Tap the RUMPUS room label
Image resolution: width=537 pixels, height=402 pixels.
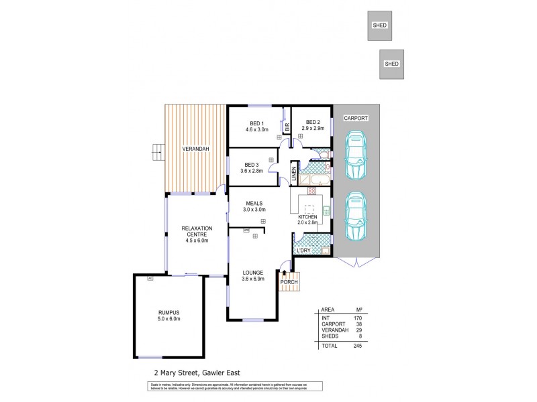coord(170,315)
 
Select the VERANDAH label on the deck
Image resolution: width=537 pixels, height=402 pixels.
coord(194,149)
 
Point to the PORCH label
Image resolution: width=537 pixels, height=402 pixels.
coord(289,282)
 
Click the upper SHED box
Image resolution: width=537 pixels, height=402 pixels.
coord(379,25)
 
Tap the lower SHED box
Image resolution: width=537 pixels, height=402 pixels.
coord(391,64)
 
